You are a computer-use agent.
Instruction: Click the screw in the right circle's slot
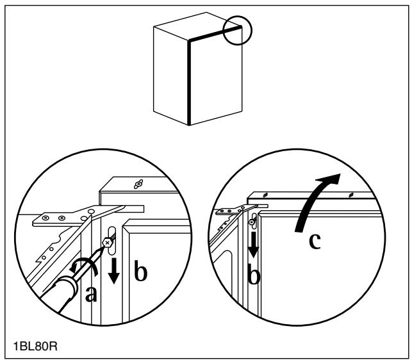point(254,223)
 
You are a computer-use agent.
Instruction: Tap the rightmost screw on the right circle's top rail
point(349,194)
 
